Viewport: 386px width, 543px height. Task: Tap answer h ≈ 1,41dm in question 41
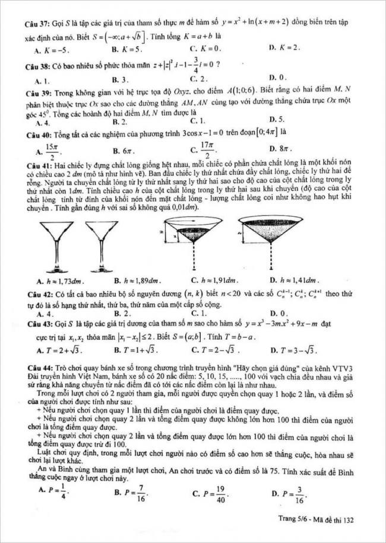tap(294, 281)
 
